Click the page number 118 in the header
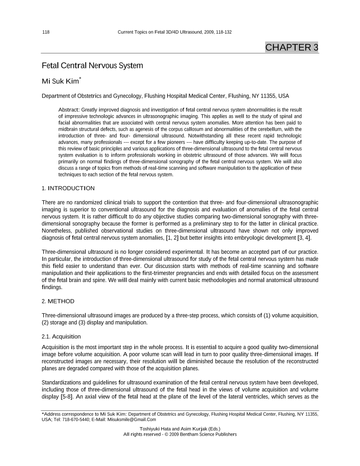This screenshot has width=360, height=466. coord(45,32)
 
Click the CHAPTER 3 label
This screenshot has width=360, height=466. coord(292,47)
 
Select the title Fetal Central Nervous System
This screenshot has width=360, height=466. coord(92,66)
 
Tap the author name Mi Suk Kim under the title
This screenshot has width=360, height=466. coord(60,81)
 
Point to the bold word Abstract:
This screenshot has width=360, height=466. coord(69,109)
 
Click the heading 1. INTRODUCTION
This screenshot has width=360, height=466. coord(68,188)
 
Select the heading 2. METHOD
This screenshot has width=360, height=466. coord(58,301)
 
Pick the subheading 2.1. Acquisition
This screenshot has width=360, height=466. coord(61,337)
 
